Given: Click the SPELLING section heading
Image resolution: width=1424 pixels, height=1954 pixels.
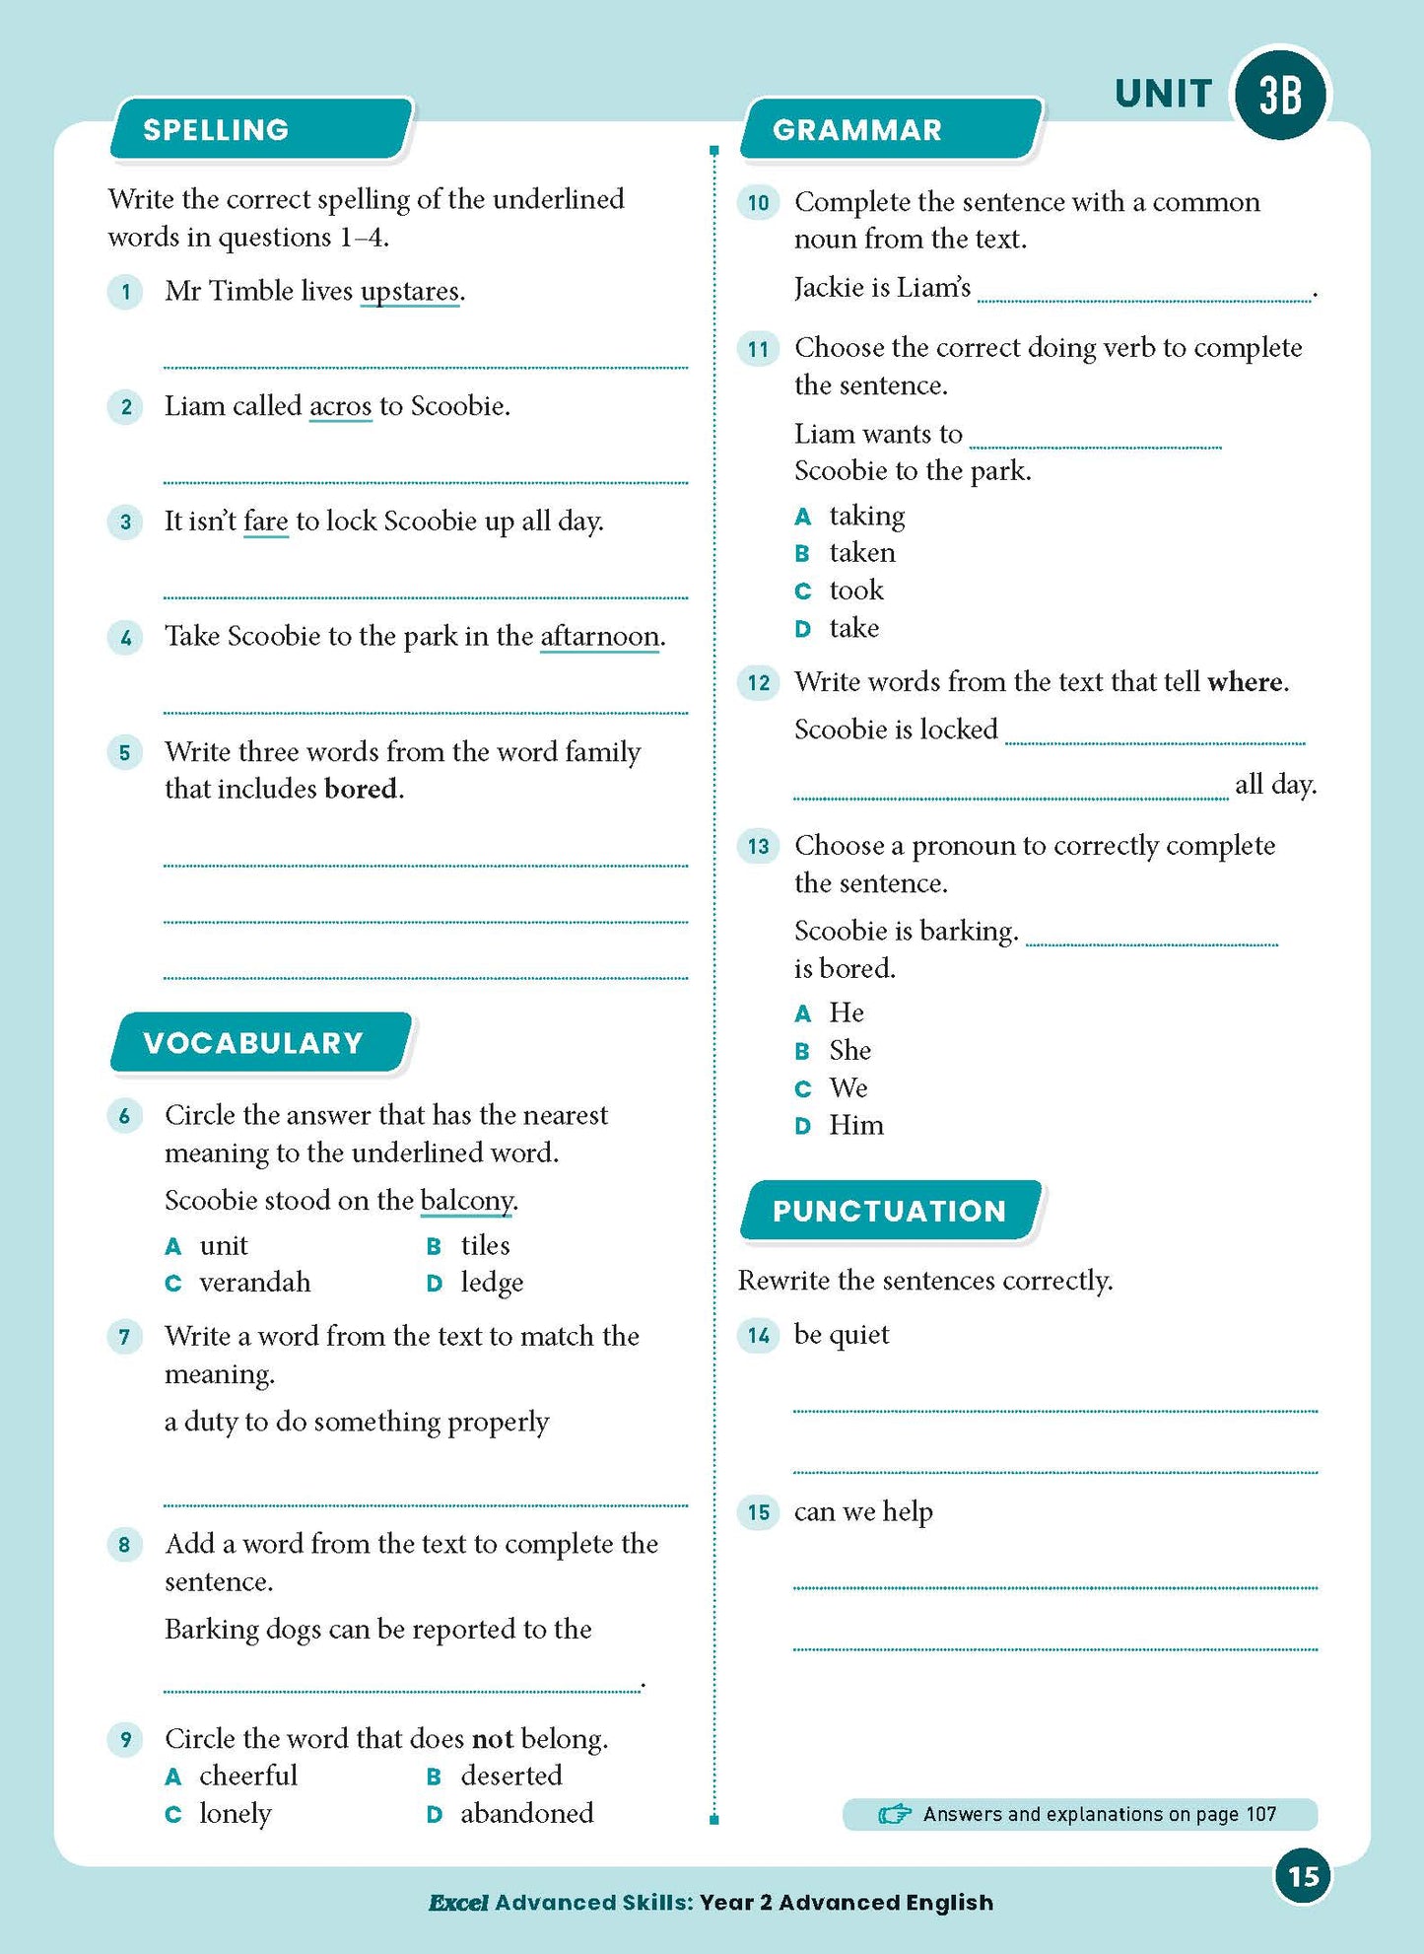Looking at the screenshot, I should click(x=216, y=129).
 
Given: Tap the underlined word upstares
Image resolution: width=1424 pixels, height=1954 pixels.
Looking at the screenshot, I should click(x=410, y=292).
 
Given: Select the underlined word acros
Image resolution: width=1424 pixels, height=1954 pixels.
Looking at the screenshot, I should click(x=340, y=406).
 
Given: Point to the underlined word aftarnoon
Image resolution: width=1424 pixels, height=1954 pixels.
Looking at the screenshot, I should click(x=600, y=637).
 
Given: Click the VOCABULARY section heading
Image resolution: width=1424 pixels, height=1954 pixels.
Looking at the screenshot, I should click(x=253, y=1043).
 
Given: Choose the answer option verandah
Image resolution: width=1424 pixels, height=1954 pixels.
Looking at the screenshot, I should click(x=254, y=1283).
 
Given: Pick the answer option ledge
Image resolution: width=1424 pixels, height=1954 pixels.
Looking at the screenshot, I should click(x=492, y=1283).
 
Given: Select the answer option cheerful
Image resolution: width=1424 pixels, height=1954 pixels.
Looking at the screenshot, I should click(x=247, y=1776).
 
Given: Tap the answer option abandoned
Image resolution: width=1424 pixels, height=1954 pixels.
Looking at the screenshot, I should click(x=526, y=1813).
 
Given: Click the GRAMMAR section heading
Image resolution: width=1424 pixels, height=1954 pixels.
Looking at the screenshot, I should click(x=857, y=129).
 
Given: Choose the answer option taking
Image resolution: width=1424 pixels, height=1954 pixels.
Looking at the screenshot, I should click(x=866, y=516).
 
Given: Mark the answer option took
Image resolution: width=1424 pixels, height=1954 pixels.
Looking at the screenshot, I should click(x=856, y=591).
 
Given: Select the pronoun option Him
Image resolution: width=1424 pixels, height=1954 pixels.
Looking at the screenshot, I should click(x=855, y=1126).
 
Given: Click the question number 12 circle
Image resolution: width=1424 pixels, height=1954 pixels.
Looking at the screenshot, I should click(x=759, y=682).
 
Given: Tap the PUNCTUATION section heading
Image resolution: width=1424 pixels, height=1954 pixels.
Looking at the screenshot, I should click(x=889, y=1211).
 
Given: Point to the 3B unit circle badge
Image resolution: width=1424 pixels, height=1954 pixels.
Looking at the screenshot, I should click(x=1280, y=95).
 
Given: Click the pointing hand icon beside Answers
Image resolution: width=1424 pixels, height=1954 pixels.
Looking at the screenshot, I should click(x=895, y=1814).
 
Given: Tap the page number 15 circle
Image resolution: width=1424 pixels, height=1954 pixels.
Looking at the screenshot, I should click(x=1303, y=1876).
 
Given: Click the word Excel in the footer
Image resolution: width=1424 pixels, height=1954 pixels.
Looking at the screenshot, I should click(x=458, y=1903).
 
